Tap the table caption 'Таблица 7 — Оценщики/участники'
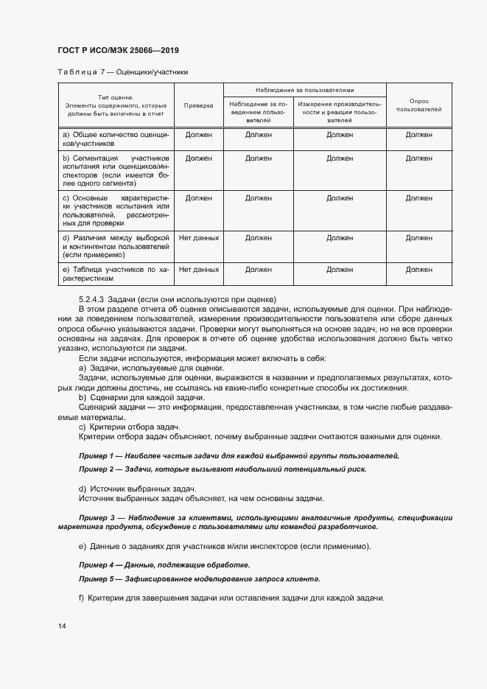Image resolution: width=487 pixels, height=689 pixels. [122, 72]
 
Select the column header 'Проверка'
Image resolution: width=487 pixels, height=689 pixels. [198, 105]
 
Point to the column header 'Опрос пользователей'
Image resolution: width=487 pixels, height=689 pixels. [418, 105]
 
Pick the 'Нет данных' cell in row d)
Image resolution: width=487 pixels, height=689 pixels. [198, 238]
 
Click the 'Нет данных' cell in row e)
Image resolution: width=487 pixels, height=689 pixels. [198, 270]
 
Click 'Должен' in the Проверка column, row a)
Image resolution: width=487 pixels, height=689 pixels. [198, 136]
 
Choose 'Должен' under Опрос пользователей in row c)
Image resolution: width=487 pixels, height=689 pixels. [418, 198]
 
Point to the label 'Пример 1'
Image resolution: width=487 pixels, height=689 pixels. [95, 456]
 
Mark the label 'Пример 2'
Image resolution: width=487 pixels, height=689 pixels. [95, 469]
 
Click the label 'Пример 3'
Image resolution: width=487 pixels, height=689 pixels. [95, 518]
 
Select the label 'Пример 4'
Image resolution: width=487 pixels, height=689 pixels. [95, 564]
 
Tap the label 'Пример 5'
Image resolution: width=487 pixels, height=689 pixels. [95, 578]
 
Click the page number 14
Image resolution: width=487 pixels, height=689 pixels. [62, 626]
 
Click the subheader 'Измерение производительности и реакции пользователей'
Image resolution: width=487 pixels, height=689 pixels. [340, 111]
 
